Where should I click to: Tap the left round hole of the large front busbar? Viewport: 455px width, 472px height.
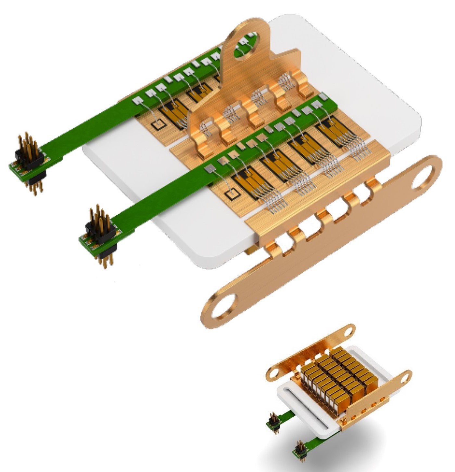pyautogui.click(x=224, y=305)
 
